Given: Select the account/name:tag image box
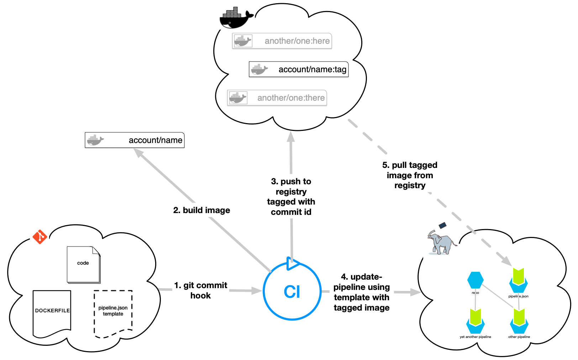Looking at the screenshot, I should point(299,69).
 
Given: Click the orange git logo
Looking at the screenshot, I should point(40,237).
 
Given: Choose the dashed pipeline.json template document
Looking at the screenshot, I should point(113,313).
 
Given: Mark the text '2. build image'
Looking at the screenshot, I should point(201,210).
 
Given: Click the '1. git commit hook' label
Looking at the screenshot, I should point(201,290).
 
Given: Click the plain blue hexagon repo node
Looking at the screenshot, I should point(475,280).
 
